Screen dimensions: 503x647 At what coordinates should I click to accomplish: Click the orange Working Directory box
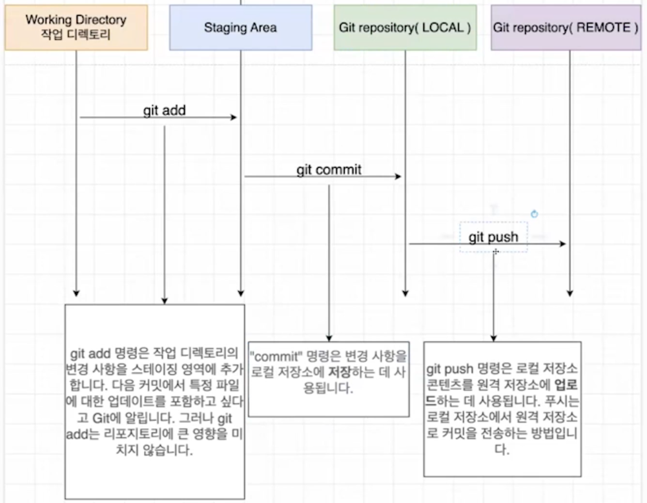click(x=76, y=28)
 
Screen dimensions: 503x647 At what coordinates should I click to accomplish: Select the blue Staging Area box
click(x=240, y=28)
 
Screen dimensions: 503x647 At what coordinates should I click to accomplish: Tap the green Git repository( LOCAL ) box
click(x=405, y=28)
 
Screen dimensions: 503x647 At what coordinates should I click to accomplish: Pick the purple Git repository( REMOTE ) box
click(x=566, y=28)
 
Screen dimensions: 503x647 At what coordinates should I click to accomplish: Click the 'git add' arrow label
click(x=164, y=110)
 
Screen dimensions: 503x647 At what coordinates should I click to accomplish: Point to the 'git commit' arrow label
click(x=329, y=170)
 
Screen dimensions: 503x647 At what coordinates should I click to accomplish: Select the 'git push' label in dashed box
click(x=493, y=237)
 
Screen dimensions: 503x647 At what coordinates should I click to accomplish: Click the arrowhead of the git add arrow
click(x=234, y=118)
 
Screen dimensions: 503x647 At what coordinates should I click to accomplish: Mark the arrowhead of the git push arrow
click(x=563, y=244)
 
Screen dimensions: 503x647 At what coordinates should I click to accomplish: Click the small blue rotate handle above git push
click(x=534, y=214)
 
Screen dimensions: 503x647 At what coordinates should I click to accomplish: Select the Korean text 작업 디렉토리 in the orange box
click(x=76, y=34)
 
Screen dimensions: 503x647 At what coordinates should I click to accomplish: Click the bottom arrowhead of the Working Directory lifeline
click(x=76, y=293)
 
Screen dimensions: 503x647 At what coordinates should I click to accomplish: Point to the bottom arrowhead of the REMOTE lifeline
click(x=570, y=293)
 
